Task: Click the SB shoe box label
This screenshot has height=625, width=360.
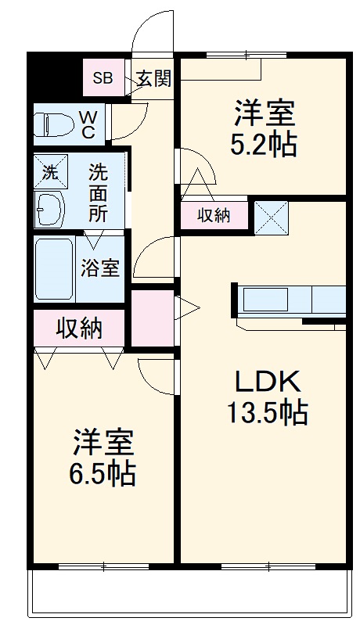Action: coord(103,77)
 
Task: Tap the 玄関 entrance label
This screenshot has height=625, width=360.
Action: coord(153,77)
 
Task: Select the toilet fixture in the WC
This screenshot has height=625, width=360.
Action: coord(54,124)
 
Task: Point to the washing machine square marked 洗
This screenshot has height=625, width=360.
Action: coord(50,172)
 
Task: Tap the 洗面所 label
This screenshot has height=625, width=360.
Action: coord(98,189)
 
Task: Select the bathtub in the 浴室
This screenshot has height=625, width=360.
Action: coord(54,268)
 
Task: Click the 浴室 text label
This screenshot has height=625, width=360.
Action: coord(100,268)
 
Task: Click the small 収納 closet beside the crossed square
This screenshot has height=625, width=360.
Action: coord(214,215)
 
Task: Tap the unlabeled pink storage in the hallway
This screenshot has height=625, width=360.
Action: coord(152,317)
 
